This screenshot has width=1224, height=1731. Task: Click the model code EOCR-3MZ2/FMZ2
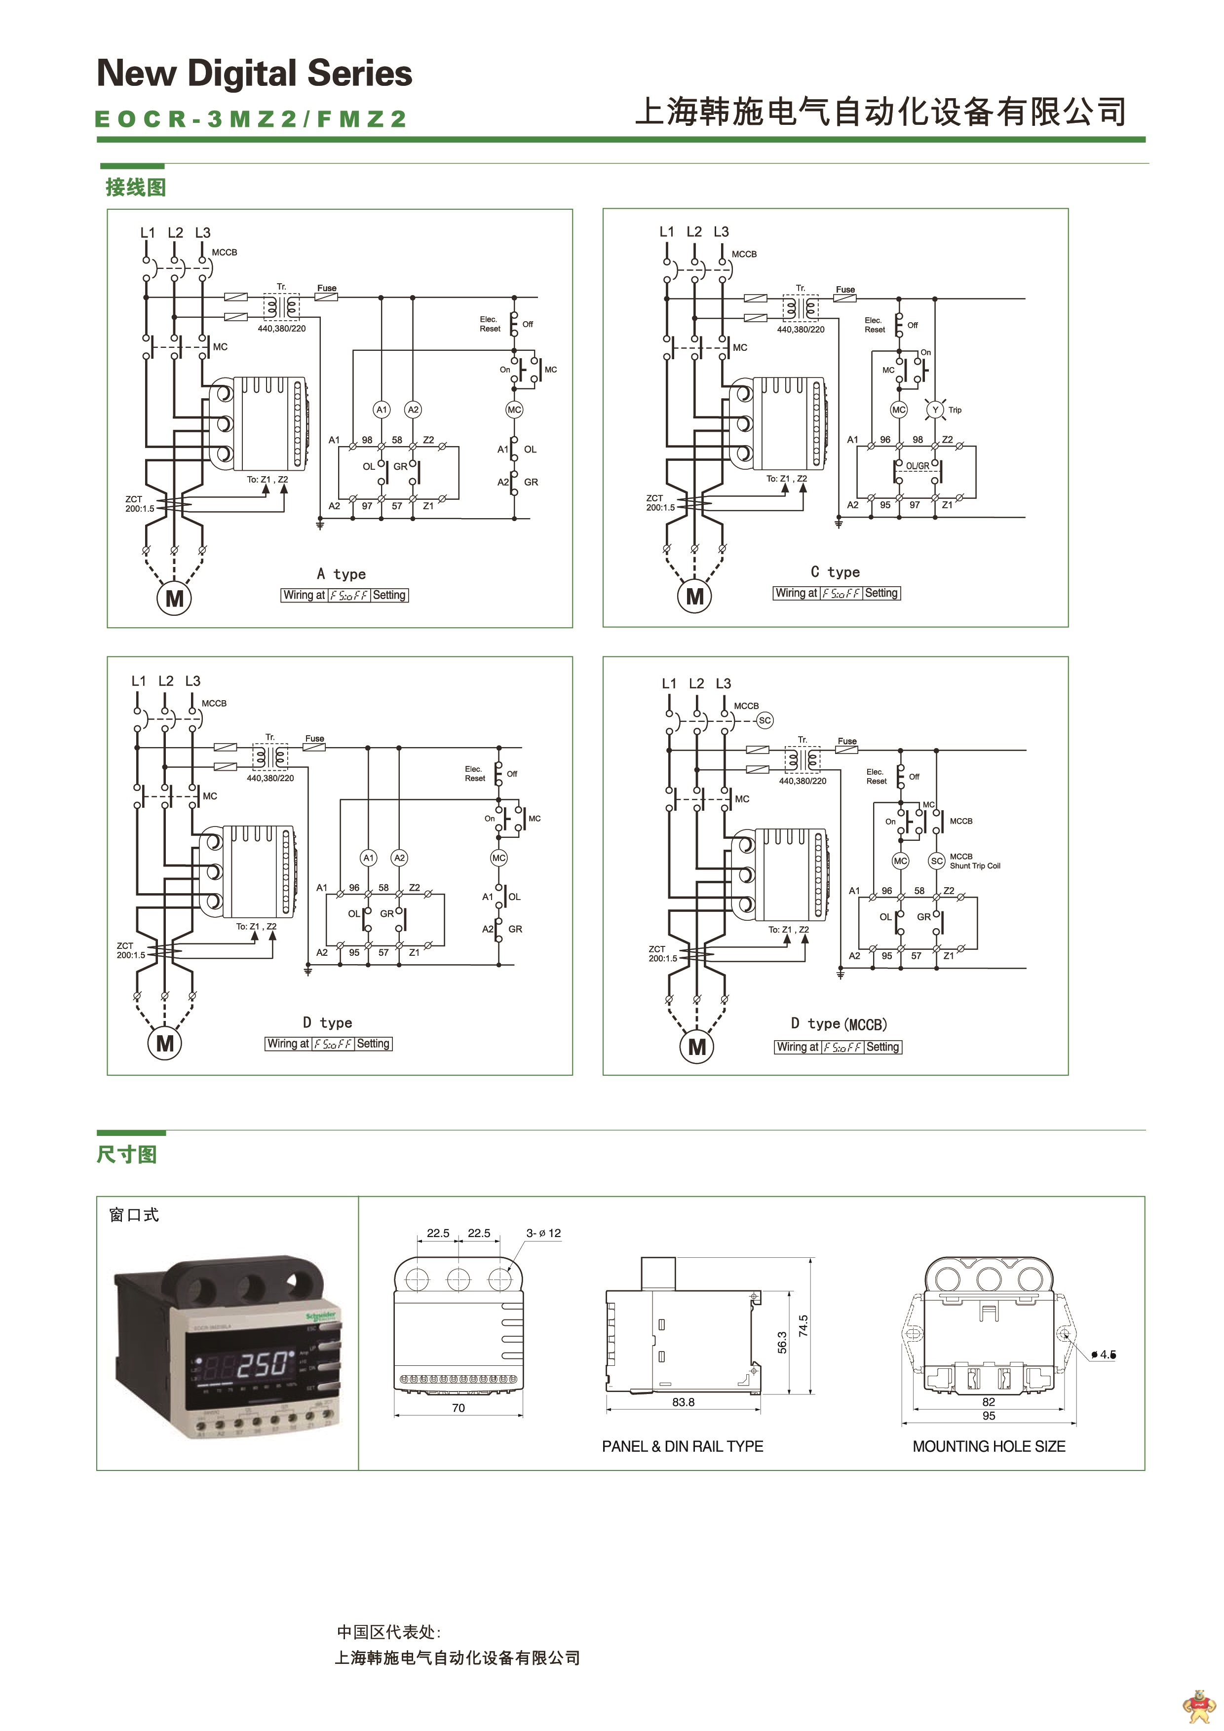pyautogui.click(x=250, y=119)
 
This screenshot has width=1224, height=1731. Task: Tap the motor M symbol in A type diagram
pyautogui.click(x=174, y=599)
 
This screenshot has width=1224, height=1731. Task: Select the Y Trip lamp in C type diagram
pyautogui.click(x=935, y=410)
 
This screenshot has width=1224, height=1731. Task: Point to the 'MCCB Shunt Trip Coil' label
pyautogui.click(x=974, y=861)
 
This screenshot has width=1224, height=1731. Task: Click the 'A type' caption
pyautogui.click(x=341, y=574)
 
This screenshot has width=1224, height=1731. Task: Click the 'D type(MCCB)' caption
pyautogui.click(x=839, y=1024)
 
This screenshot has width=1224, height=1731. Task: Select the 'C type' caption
pyautogui.click(x=835, y=572)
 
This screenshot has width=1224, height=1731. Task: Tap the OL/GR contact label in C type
pyautogui.click(x=918, y=466)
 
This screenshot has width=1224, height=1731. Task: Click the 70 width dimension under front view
pyautogui.click(x=459, y=1408)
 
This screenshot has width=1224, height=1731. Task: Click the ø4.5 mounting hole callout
pyautogui.click(x=1105, y=1355)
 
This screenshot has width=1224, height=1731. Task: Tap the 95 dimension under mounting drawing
pyautogui.click(x=989, y=1416)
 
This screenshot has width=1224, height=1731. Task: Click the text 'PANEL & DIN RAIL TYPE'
pyautogui.click(x=683, y=1446)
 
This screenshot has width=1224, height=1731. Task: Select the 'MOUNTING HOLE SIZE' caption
pyautogui.click(x=989, y=1446)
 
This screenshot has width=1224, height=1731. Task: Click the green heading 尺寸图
pyautogui.click(x=127, y=1154)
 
